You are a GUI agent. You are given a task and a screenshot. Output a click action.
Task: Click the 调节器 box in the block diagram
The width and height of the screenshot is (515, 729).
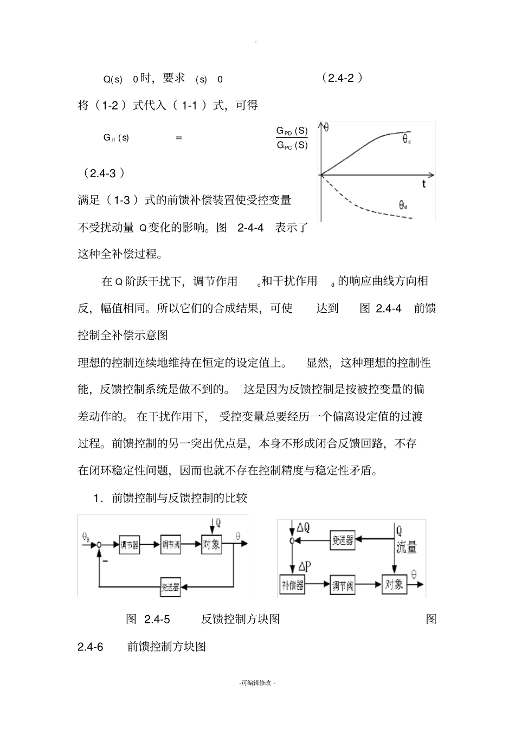tap(128, 545)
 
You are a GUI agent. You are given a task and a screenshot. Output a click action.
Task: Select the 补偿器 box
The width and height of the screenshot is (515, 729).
tap(292, 585)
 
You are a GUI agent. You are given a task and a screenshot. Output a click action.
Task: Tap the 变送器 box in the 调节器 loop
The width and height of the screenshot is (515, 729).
tap(170, 587)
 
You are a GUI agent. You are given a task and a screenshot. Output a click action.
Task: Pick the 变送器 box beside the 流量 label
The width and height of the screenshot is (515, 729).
tap(343, 540)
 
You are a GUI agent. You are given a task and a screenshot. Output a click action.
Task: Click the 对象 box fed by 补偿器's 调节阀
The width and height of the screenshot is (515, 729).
tap(394, 584)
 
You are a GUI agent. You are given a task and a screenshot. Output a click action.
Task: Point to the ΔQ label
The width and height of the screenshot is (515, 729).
tap(304, 527)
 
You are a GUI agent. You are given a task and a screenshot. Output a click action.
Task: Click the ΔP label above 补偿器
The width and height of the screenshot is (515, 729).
tap(304, 566)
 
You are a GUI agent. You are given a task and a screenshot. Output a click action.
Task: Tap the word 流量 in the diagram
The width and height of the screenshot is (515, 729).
tap(407, 547)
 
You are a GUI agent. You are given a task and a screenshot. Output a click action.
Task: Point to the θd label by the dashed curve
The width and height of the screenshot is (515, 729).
tap(403, 205)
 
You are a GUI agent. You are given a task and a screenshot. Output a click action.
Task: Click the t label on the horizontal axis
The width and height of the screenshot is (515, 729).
tap(424, 184)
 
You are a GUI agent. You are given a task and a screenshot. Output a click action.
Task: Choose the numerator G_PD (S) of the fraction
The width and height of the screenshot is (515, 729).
tap(292, 131)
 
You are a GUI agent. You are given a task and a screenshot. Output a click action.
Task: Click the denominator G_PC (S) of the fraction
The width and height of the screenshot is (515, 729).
tap(292, 145)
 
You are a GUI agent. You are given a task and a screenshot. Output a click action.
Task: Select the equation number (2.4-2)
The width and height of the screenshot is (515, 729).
tap(342, 78)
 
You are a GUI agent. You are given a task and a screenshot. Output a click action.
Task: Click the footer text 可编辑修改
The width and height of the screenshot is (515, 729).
tap(257, 683)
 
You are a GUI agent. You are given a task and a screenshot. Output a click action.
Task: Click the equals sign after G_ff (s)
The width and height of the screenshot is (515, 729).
tap(179, 138)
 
